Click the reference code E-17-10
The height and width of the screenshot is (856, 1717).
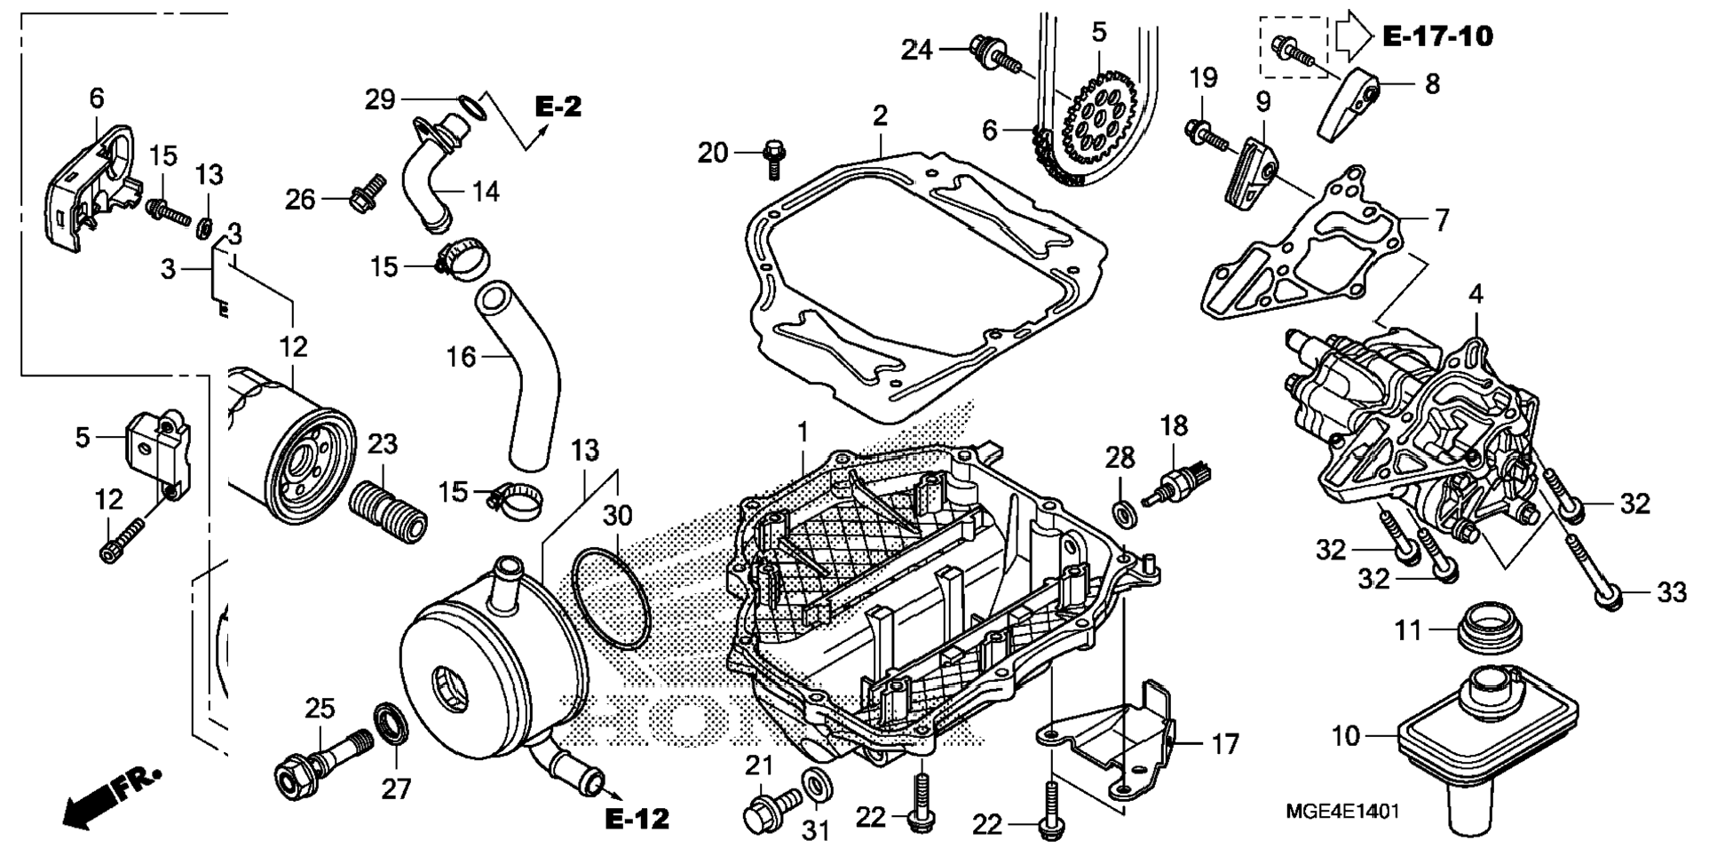(x=1437, y=36)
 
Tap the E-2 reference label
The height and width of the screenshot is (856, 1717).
(x=558, y=107)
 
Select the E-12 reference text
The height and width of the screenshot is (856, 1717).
(x=637, y=819)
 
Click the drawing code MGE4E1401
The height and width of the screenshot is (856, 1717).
(x=1342, y=812)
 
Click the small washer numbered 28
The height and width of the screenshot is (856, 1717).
(x=1121, y=512)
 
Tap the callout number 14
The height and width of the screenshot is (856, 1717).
(x=486, y=192)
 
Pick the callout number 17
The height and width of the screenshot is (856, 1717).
(x=1225, y=744)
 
